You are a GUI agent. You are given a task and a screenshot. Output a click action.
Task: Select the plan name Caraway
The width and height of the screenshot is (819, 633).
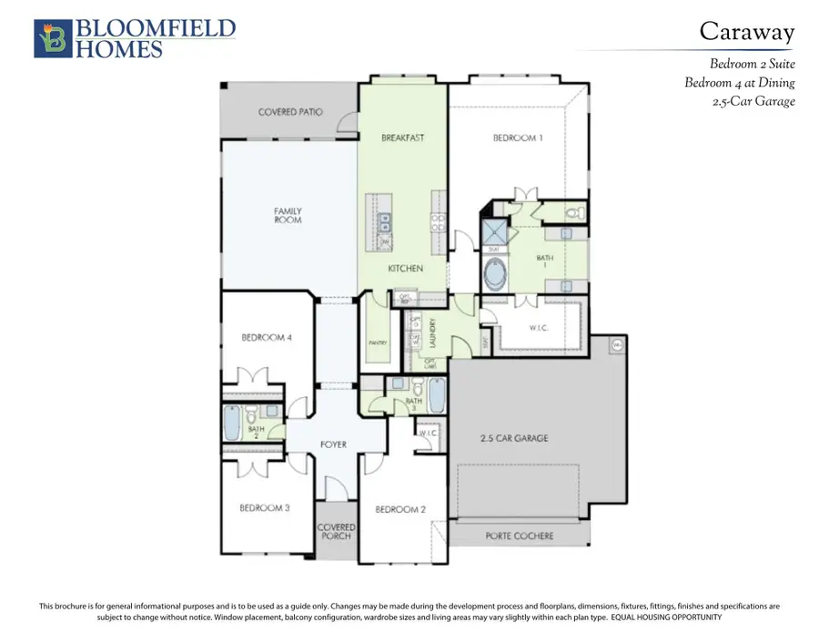pos(746,32)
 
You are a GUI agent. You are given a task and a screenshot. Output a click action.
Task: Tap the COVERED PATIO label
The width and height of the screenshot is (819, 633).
pos(290,113)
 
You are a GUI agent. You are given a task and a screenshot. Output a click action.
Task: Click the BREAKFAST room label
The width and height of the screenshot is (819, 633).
pos(402,138)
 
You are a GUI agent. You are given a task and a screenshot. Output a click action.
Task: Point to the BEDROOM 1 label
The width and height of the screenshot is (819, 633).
pos(518,138)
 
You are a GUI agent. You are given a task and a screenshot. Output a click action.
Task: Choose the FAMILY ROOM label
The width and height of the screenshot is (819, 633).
pos(288,216)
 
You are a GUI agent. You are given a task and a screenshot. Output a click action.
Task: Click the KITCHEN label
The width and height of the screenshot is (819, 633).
pos(405,269)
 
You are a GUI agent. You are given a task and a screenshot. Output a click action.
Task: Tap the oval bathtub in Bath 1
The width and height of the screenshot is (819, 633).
pos(496,274)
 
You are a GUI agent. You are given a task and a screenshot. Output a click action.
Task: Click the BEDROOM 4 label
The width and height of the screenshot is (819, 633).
pos(267,338)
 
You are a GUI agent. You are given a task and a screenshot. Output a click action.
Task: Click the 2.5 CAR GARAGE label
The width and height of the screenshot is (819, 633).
pos(514,438)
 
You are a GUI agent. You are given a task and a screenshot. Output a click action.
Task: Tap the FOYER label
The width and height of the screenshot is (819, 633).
pos(334,445)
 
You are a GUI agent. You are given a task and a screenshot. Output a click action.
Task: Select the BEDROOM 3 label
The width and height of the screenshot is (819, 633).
pos(265,507)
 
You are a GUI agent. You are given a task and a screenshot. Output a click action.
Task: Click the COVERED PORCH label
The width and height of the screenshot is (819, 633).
pos(335,531)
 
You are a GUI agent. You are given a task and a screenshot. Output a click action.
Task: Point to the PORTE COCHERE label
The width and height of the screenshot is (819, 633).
pos(515,536)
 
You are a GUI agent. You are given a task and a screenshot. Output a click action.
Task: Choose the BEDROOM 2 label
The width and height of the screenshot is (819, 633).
pos(400,509)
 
